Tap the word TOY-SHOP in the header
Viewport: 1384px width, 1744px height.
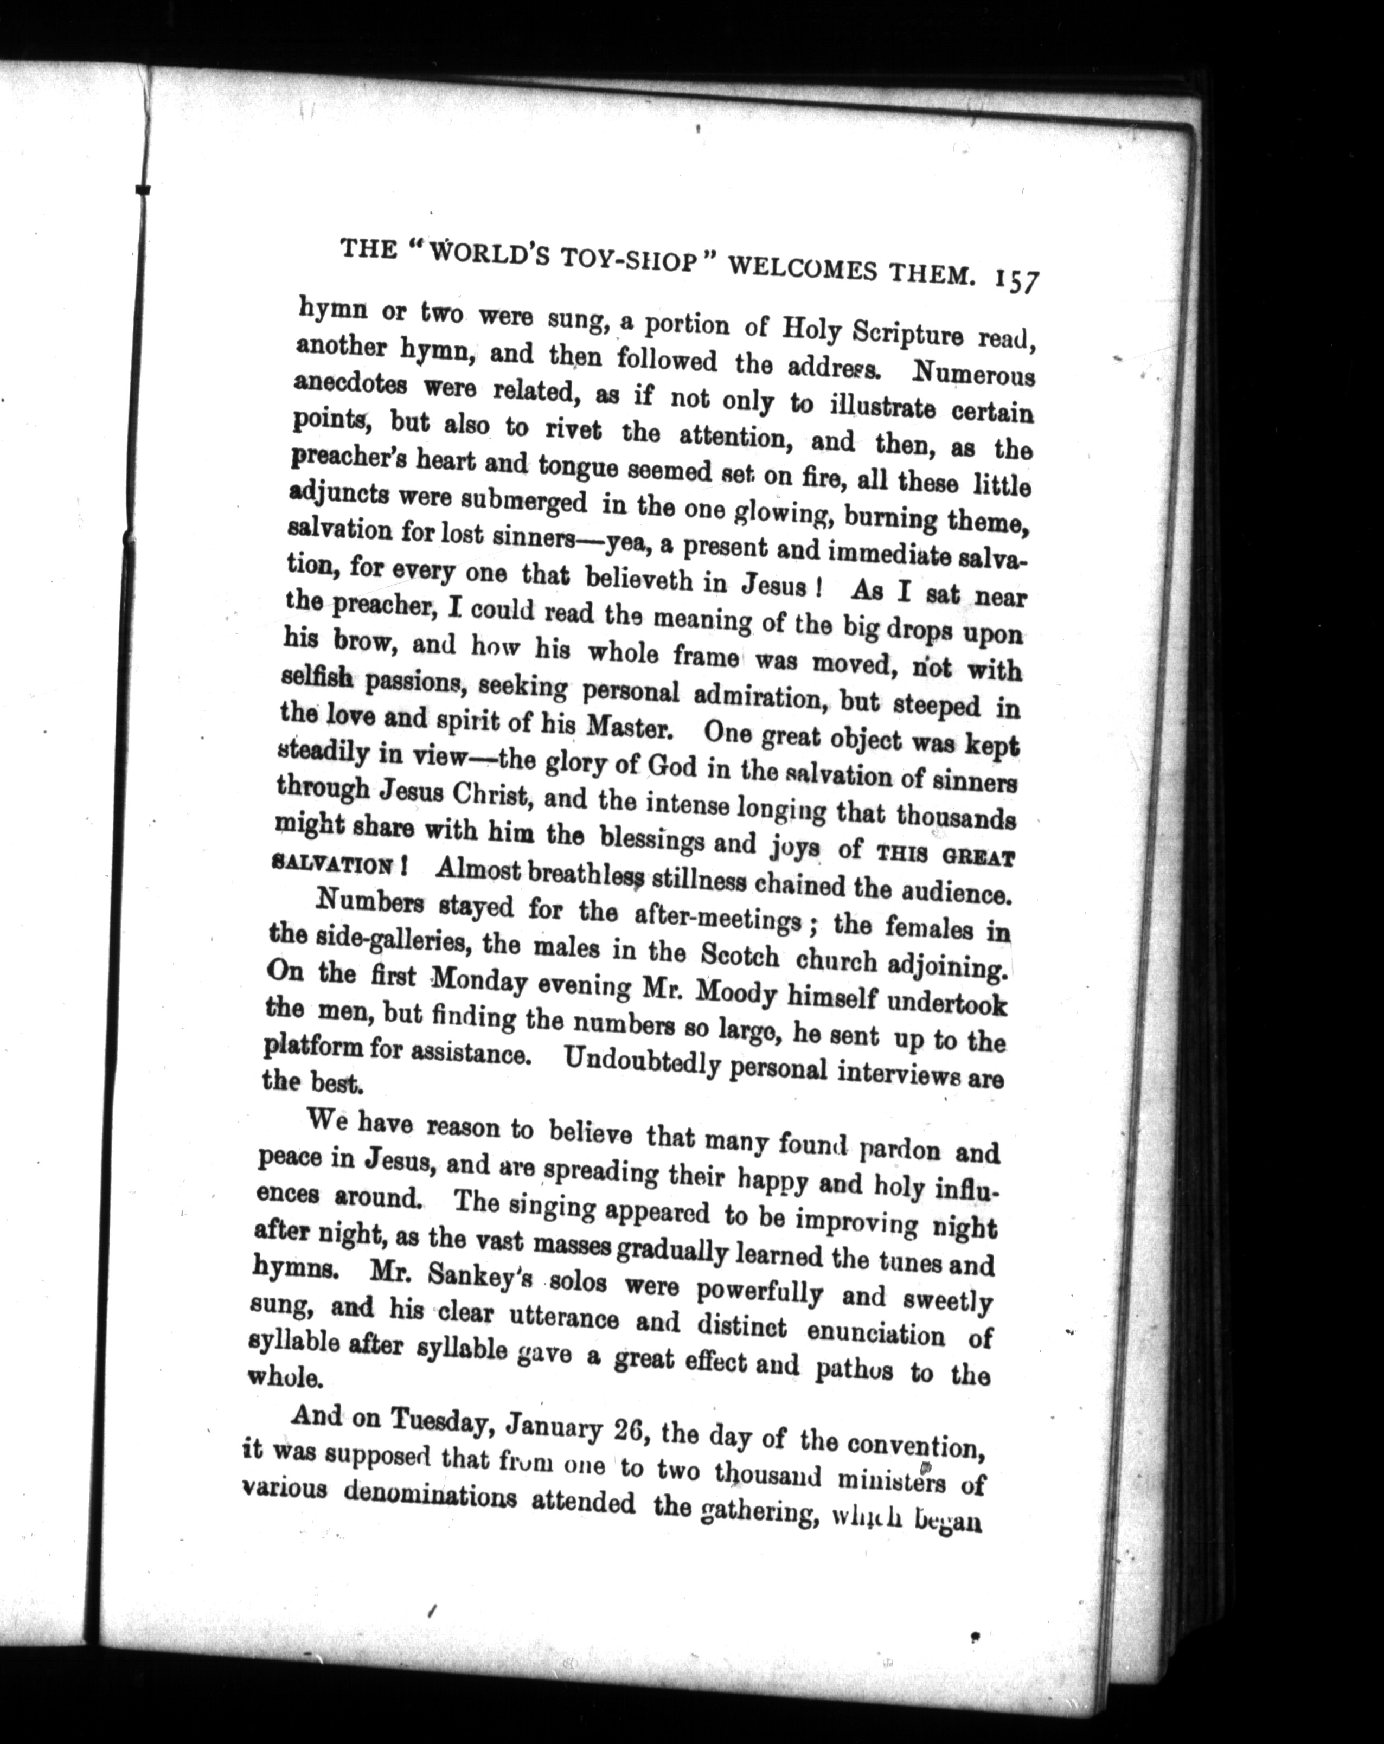coord(621,265)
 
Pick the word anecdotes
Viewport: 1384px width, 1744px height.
coord(351,385)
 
